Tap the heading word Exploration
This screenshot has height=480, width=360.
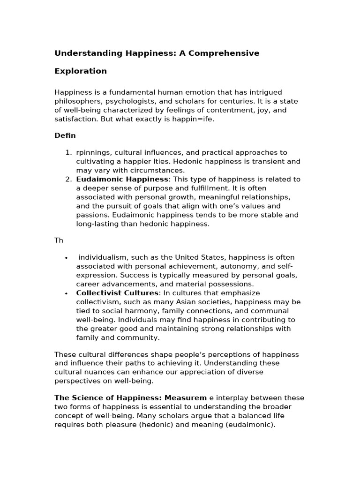(x=81, y=71)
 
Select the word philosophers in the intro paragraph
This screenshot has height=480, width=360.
(x=77, y=101)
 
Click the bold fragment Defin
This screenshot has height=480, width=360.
(x=65, y=136)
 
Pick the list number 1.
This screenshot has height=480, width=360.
(x=68, y=152)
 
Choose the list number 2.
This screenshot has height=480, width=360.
(x=68, y=179)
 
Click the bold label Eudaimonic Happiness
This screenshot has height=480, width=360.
(x=122, y=179)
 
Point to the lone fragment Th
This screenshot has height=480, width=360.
(x=59, y=240)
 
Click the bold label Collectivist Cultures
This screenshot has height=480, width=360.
(x=117, y=293)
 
